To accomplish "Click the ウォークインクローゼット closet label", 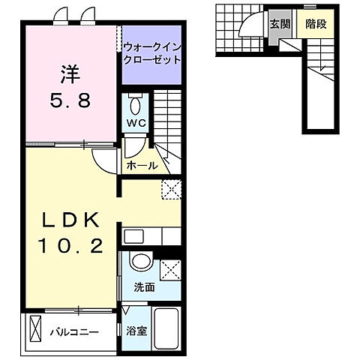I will click(x=152, y=52).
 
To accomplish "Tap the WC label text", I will click(x=135, y=122).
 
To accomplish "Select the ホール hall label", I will click(x=142, y=166).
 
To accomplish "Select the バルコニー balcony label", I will click(x=75, y=330).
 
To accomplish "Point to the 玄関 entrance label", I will click(x=280, y=24).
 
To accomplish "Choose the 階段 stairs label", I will click(x=315, y=24).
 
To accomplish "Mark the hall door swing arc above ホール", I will click(x=102, y=157).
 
